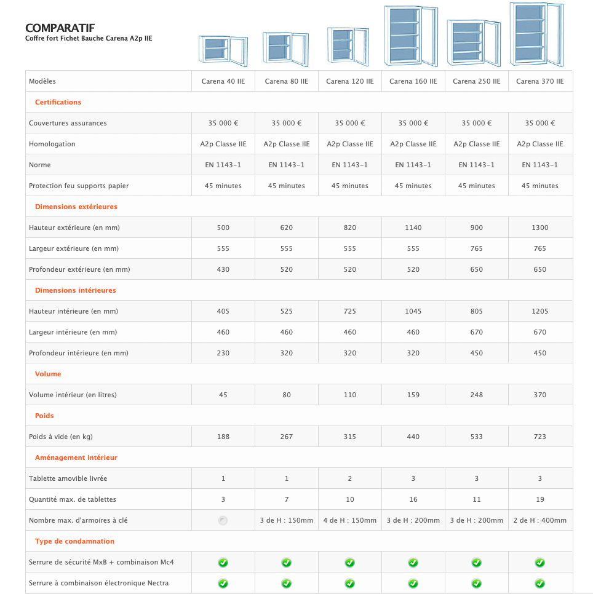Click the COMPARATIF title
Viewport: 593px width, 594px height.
60,28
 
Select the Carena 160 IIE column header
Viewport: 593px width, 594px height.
413,81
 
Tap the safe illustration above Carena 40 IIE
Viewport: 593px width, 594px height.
221,49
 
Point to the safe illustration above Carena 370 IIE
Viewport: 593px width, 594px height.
536,34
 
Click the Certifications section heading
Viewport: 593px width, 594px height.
58,102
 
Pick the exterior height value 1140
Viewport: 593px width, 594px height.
413,228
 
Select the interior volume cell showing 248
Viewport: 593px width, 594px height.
477,395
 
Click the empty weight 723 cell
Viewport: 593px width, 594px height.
540,437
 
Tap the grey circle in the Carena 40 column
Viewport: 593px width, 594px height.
223,520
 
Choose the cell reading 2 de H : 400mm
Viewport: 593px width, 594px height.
540,520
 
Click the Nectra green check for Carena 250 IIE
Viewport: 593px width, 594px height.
477,583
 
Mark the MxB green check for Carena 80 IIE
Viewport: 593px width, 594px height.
287,562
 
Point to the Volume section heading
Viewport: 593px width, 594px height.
48,374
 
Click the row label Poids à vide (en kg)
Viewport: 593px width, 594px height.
61,437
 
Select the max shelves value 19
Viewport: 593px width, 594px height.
540,499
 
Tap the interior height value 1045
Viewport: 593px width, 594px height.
413,311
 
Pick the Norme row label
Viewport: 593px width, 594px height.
40,165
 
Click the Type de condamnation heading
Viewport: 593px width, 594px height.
74,541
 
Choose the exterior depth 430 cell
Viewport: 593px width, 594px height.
223,269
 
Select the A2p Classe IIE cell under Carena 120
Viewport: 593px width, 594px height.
350,144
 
